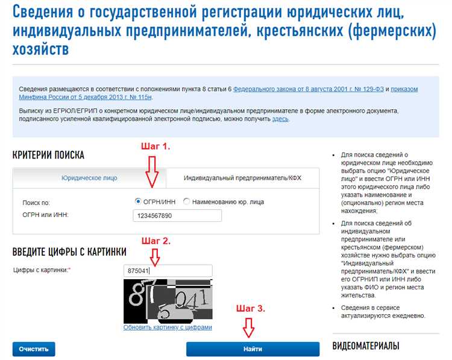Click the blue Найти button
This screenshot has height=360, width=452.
pos(253,349)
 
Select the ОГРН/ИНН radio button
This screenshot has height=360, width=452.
pos(138,201)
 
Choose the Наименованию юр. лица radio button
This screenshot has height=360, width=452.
pos(186,201)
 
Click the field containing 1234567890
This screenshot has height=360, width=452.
pos(177,216)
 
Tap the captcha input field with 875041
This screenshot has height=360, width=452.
pos(168,271)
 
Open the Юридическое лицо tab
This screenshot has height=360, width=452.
pos(89,178)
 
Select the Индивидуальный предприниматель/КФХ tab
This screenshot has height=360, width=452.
pos(242,178)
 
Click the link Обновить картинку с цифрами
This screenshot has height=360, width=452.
pos(168,327)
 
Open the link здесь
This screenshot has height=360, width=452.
pos(280,119)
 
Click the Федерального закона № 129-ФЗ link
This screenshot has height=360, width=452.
pos(309,89)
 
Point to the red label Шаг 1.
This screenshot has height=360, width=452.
pos(155,147)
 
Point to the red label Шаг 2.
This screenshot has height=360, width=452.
pos(156,241)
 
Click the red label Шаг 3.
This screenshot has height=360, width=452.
pos(251,308)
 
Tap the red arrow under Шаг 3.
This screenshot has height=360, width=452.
pos(248,327)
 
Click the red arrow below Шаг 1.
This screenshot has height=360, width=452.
pos(152,172)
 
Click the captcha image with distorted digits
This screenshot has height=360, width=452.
pos(168,301)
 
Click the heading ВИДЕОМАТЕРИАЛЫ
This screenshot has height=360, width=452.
pos(366,346)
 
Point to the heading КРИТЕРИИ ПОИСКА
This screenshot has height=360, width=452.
pos(48,155)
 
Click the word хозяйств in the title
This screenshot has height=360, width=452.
pos(40,49)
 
